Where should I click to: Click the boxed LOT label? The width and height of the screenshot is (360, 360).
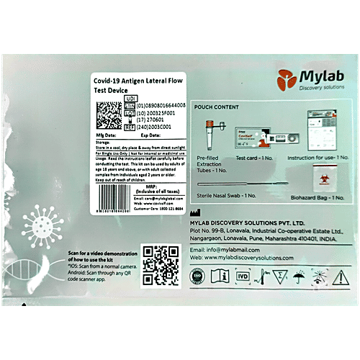coord(130,113)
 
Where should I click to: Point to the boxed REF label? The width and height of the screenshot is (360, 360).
coord(130,127)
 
